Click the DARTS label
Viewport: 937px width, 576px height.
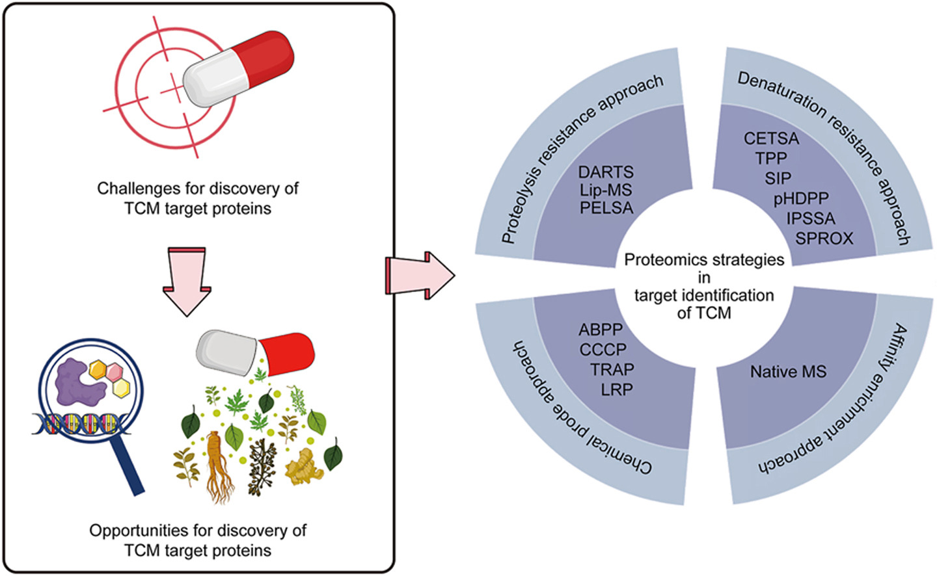[605, 172]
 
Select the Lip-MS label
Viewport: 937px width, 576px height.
[605, 190]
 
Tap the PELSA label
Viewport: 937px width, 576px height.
[606, 209]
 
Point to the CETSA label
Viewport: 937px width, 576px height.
[771, 138]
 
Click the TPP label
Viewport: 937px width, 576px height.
[771, 158]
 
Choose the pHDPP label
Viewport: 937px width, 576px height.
[801, 198]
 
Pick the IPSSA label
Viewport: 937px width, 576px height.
[810, 218]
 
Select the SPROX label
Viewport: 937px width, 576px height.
[824, 239]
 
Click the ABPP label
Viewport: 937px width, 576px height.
[601, 330]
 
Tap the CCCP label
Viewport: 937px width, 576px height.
[603, 350]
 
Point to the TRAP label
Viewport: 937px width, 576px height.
[612, 370]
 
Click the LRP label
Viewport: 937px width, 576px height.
[617, 390]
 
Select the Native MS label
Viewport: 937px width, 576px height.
[788, 372]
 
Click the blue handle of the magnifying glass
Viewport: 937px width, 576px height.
[127, 464]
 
